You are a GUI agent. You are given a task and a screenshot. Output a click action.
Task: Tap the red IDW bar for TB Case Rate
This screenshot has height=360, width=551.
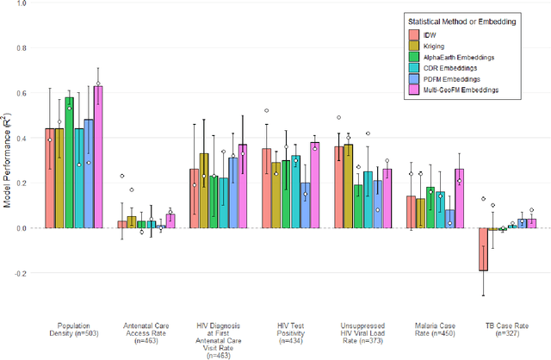pyautogui.click(x=483, y=249)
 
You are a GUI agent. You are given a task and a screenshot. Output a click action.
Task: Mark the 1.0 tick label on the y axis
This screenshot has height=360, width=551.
pyautogui.click(x=20, y=3)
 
